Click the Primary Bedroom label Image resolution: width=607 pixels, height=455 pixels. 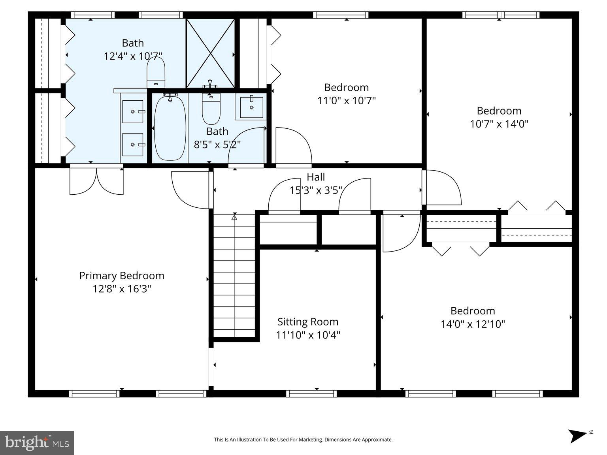point(122,276)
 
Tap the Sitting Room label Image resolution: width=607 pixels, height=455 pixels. point(307,322)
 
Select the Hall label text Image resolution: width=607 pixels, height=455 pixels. point(316,177)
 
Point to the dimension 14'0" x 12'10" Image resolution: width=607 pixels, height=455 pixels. point(473,324)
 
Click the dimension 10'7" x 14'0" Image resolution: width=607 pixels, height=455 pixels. point(499,124)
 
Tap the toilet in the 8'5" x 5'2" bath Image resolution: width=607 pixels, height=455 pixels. point(211,109)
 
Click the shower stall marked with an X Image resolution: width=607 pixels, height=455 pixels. point(211,53)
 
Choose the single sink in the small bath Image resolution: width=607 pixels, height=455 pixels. point(251,107)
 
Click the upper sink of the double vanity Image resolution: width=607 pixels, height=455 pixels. point(133,112)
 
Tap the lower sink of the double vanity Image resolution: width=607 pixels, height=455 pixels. point(133,145)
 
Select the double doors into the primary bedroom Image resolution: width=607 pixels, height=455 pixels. point(96,182)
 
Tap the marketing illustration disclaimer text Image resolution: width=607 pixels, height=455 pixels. point(303,440)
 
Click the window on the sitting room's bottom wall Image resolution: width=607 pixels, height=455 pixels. point(311,393)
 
